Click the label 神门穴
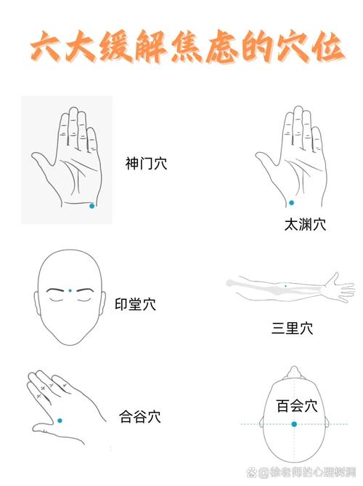[146, 164]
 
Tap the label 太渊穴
[305, 225]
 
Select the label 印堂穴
[136, 304]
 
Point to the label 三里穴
[293, 327]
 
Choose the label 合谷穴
[139, 417]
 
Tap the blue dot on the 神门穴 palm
[91, 206]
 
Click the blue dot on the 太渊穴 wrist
[291, 202]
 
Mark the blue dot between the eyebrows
[70, 290]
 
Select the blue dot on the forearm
[285, 287]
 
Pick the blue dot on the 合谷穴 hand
[60, 420]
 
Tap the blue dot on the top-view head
[294, 423]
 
